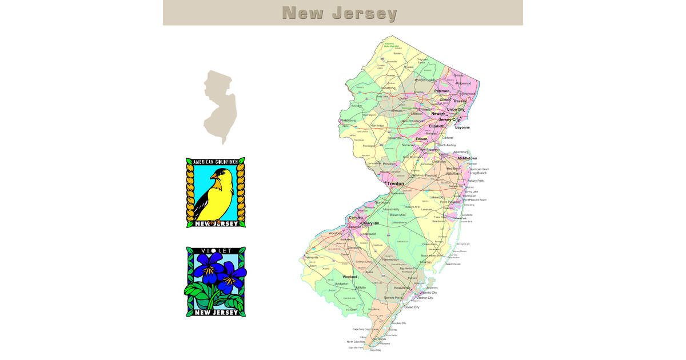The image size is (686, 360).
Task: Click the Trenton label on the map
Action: click(396, 183)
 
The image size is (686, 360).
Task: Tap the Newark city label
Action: click(438, 114)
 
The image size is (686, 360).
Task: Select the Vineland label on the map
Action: click(350, 277)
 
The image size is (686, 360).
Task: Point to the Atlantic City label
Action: click(425, 293)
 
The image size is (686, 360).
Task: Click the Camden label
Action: click(356, 218)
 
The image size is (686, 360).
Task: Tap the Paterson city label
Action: click(442, 91)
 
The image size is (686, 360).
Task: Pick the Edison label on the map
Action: click(422, 139)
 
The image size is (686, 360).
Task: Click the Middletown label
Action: click(467, 158)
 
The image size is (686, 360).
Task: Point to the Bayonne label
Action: click(462, 127)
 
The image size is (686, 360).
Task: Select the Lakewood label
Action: click(436, 197)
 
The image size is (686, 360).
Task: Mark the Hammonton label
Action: click(390, 259)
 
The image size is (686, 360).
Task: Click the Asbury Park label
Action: click(475, 181)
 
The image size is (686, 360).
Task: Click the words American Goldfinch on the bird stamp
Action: click(216, 163)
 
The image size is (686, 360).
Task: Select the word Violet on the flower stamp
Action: click(216, 251)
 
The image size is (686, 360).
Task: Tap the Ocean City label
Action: click(412, 307)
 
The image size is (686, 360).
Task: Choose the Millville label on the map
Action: click(360, 287)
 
